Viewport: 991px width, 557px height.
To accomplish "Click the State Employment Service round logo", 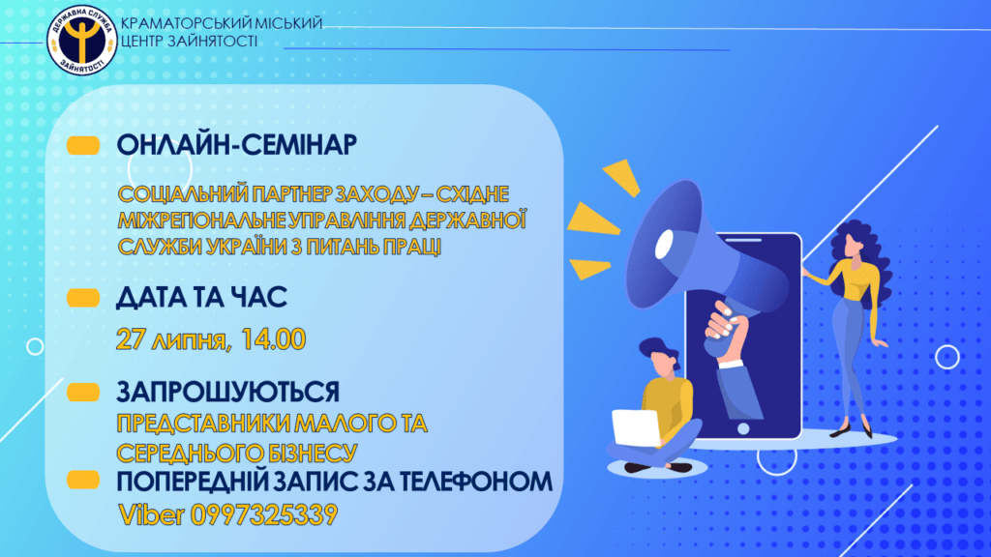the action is coord(81,41).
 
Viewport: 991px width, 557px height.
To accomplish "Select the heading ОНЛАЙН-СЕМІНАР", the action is coord(237,145).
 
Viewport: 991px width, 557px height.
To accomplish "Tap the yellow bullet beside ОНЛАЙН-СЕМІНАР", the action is coord(83,145).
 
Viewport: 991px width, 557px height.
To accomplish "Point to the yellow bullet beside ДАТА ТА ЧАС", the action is coord(83,298).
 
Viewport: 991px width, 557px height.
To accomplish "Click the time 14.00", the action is coord(273,339).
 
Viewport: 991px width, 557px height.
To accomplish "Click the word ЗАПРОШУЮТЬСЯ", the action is coord(228,393).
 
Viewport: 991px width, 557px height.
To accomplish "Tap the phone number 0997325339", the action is coord(264,514).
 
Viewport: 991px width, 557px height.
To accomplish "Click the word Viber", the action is coord(152,514).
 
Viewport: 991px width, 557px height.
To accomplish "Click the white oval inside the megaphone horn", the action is coord(664,244).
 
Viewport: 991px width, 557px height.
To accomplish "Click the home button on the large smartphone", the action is coord(744,428).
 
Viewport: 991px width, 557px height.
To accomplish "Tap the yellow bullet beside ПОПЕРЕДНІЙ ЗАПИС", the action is coord(83,481).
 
